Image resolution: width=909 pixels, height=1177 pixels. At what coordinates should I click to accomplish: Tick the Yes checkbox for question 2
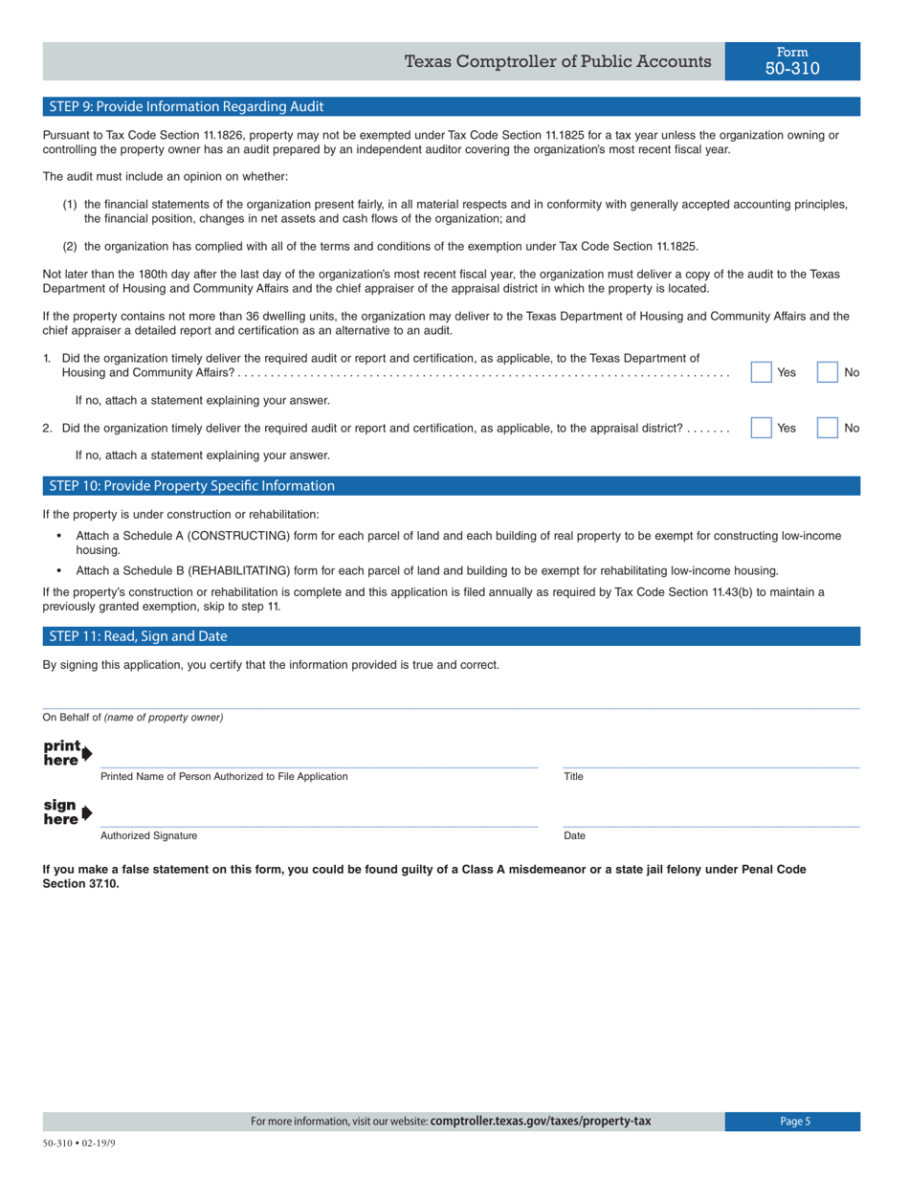pyautogui.click(x=761, y=429)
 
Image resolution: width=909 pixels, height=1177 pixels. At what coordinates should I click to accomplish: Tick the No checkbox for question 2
pyautogui.click(x=827, y=429)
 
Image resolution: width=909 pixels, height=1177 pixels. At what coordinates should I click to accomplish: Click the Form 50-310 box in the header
pyautogui.click(x=792, y=61)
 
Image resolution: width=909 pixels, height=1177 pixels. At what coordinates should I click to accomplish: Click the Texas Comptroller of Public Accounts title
pyautogui.click(x=557, y=62)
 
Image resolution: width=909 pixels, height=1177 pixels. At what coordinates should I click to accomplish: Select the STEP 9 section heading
pyautogui.click(x=187, y=106)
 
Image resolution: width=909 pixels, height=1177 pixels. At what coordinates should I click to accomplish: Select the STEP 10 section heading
pyautogui.click(x=191, y=485)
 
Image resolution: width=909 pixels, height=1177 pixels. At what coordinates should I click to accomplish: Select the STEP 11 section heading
pyautogui.click(x=138, y=636)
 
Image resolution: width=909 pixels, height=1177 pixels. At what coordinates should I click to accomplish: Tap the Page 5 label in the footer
pyautogui.click(x=793, y=1121)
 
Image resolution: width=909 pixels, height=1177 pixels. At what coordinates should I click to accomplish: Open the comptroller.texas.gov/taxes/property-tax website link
pyautogui.click(x=541, y=1121)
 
